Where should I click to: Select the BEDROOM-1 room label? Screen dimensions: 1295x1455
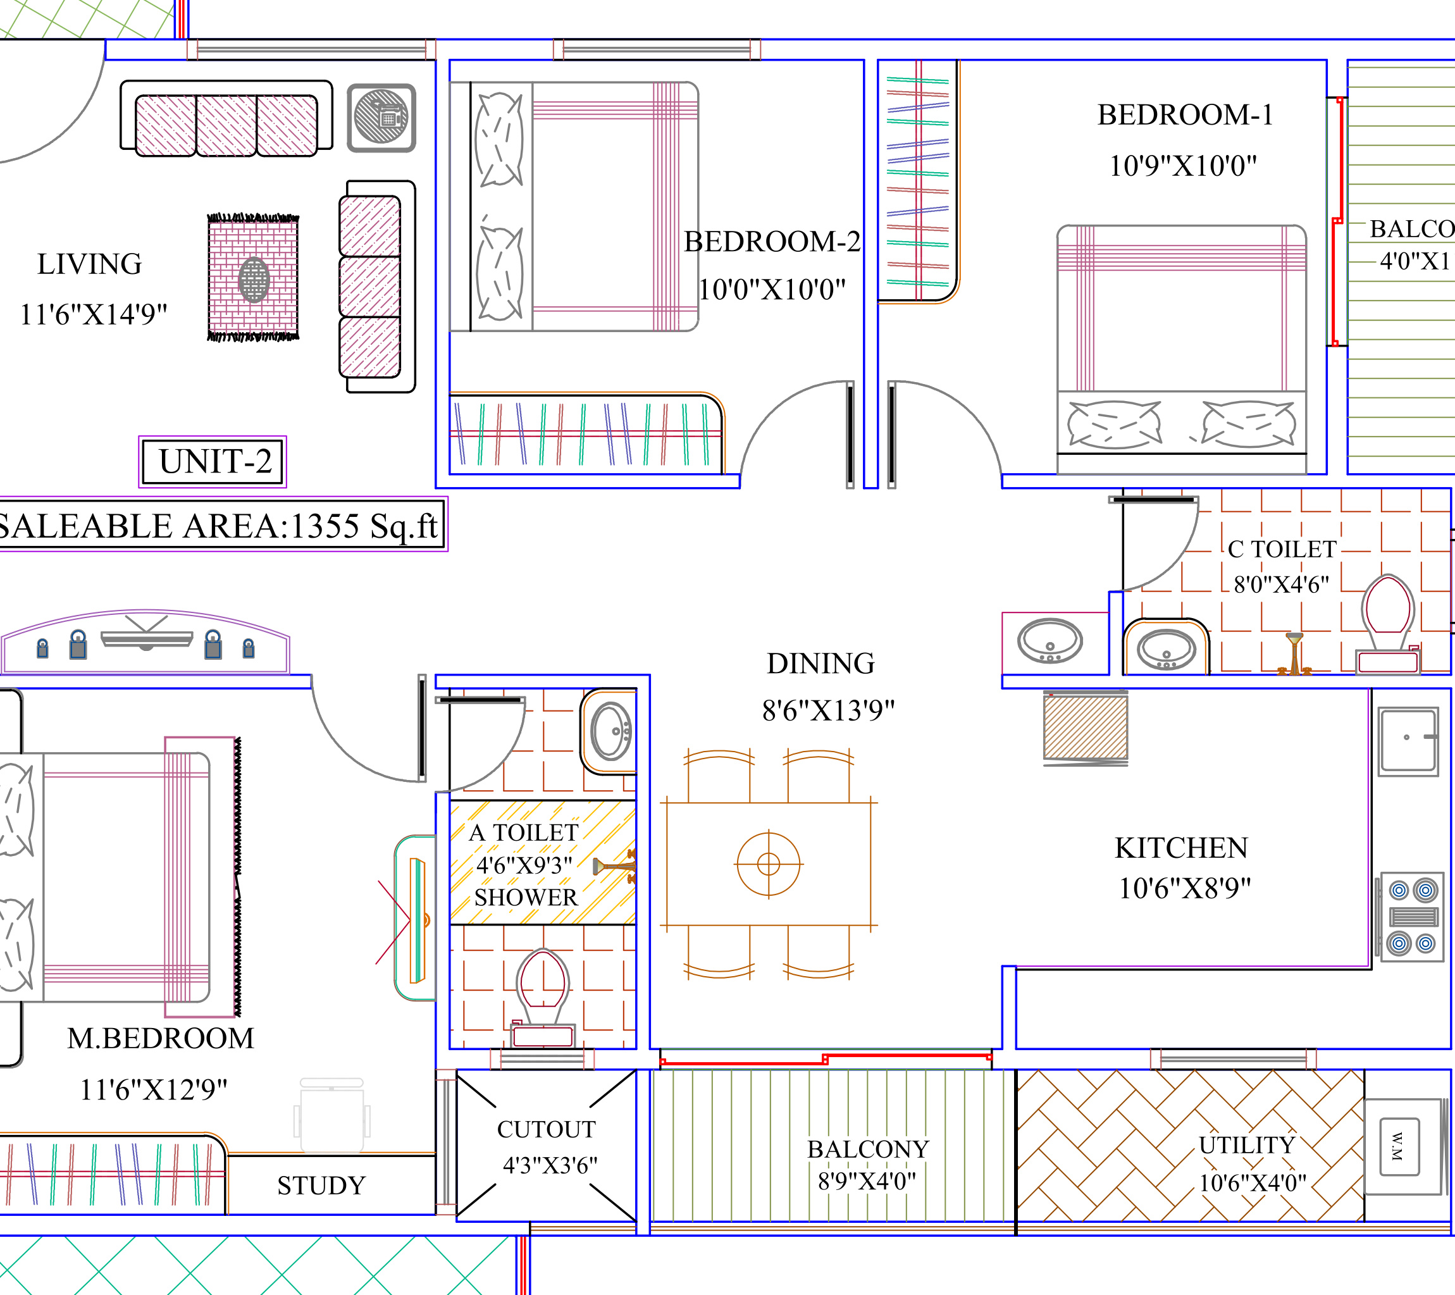click(1184, 115)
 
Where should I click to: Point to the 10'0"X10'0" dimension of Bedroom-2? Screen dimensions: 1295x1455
click(772, 289)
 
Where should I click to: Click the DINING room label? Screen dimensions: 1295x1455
click(820, 663)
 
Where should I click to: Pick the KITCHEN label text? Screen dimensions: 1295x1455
click(1181, 847)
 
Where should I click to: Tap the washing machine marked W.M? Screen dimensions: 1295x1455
click(1399, 1146)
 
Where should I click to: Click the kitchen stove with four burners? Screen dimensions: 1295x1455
click(1412, 917)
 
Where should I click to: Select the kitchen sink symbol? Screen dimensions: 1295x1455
click(1408, 740)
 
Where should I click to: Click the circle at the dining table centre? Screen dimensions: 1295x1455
click(769, 864)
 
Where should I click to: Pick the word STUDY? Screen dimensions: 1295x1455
click(321, 1186)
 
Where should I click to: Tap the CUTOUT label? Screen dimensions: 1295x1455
click(546, 1129)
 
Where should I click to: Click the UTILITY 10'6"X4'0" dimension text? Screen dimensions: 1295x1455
click(1252, 1182)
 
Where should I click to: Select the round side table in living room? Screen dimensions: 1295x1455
click(381, 118)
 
